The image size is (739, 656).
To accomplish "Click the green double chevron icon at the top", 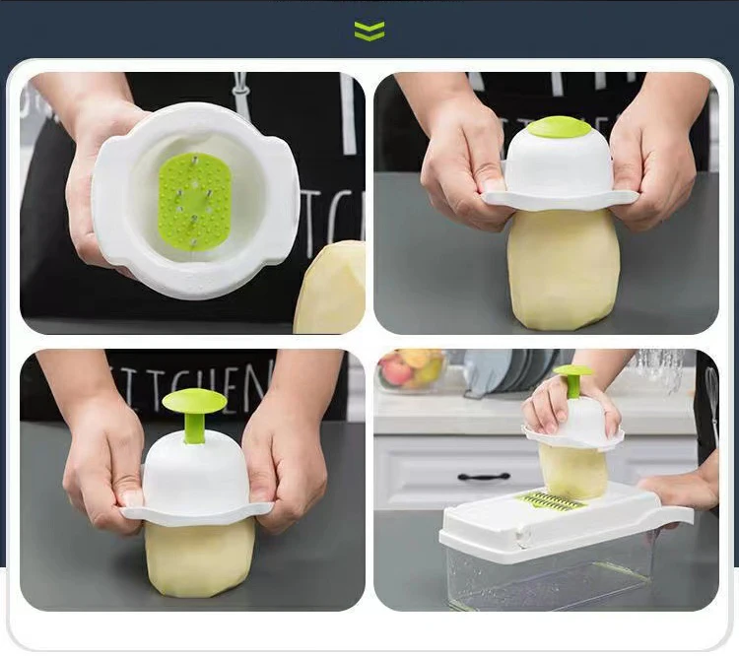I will (x=369, y=32).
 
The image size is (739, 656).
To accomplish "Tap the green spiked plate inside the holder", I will (x=194, y=199).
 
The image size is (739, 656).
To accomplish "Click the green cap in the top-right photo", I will (x=559, y=127).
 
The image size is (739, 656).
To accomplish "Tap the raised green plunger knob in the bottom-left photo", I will (x=194, y=402).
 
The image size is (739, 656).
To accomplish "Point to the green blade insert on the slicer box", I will (x=553, y=500).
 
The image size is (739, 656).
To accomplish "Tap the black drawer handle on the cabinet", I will (x=484, y=477).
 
